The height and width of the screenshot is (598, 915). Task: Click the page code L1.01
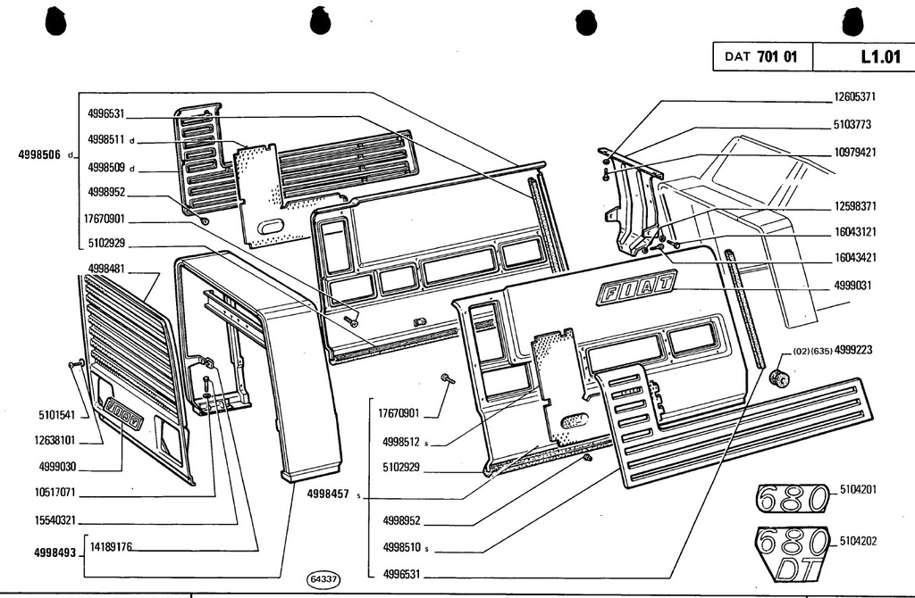coord(880,56)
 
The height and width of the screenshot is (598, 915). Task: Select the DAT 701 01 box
coord(762,56)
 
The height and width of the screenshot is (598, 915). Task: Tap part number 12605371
coord(855,96)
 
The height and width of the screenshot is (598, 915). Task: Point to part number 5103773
coord(852,125)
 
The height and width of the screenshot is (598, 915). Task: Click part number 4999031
coord(852,286)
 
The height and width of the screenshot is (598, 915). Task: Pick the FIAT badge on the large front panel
coord(636,287)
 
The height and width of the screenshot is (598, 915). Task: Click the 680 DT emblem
coord(792,553)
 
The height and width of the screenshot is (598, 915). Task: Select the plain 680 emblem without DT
coord(792,498)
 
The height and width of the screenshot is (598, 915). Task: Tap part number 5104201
coord(858,490)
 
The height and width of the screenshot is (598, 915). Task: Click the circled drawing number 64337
coord(323,578)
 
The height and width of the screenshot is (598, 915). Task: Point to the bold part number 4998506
coord(39,155)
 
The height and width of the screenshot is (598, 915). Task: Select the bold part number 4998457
coord(328,494)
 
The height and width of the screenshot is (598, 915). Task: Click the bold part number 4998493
coord(55,552)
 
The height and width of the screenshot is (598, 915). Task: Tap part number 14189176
coord(111,547)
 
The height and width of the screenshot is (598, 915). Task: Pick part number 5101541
coord(56,415)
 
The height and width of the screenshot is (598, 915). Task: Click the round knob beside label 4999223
coord(779,378)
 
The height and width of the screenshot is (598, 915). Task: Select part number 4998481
coord(106,269)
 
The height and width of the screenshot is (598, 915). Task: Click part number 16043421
coord(855,258)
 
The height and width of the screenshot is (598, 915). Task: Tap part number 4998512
coord(401,442)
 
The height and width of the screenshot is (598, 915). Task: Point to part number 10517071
coord(55,493)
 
